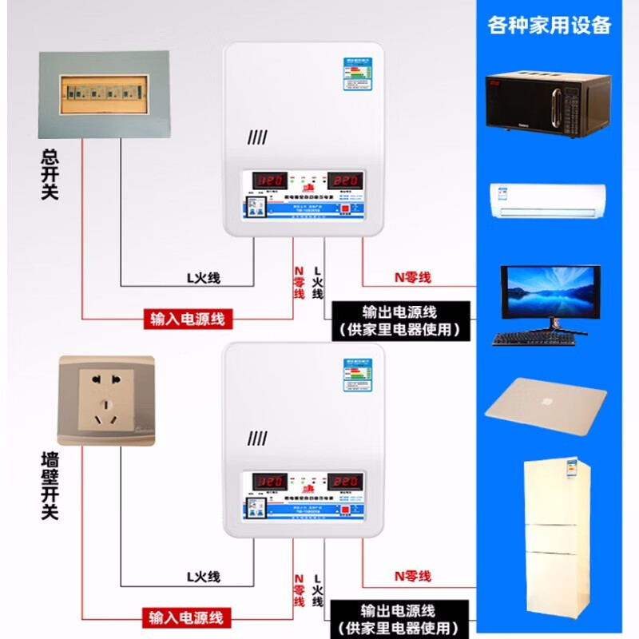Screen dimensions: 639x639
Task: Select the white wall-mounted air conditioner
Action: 547,200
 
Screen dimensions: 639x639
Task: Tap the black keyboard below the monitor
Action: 534,338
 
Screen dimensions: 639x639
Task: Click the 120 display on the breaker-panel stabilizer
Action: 270,181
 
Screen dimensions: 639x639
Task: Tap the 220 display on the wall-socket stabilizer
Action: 349,482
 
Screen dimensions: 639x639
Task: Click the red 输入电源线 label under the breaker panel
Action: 188,319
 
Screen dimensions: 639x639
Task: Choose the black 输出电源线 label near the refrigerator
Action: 399,618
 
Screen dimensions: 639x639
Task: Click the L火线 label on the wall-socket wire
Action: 203,577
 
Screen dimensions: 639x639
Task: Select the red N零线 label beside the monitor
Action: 413,277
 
